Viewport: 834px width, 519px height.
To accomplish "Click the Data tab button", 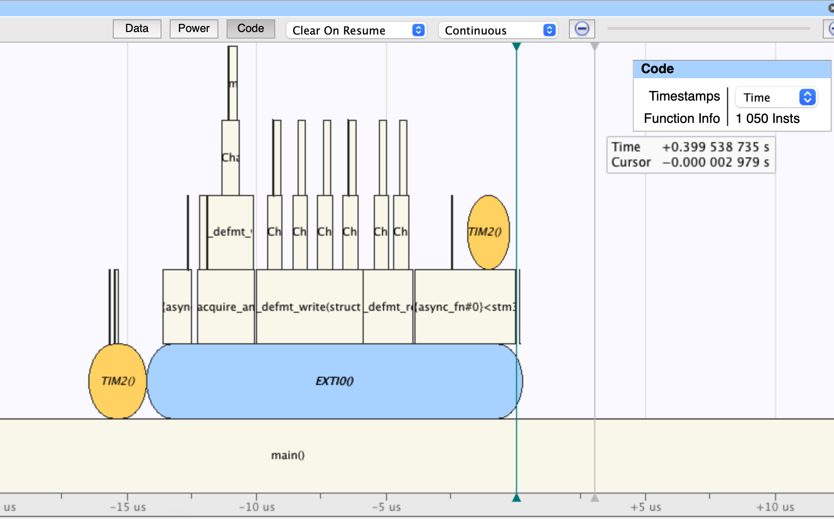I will [137, 29].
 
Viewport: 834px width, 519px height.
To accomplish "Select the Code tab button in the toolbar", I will [250, 29].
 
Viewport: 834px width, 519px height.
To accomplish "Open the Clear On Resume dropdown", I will [356, 30].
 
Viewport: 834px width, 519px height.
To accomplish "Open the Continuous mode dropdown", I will [498, 30].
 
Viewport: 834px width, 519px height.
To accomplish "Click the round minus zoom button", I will [582, 29].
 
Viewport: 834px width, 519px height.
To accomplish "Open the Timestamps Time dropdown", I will [776, 98].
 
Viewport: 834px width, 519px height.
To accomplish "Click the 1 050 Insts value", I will [767, 119].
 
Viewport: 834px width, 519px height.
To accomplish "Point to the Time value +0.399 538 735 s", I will [715, 147].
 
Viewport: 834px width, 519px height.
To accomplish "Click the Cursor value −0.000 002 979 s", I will [715, 163].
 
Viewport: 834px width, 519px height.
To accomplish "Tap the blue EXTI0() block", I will [334, 381].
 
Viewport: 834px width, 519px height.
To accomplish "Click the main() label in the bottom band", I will [287, 456].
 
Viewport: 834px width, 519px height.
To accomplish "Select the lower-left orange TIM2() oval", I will [117, 381].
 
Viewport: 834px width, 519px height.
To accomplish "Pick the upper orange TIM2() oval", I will [488, 232].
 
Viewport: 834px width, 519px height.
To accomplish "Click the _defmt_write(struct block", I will [309, 307].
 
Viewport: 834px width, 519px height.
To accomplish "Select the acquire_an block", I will [226, 307].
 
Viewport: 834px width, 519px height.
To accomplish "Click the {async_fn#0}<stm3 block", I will [465, 307].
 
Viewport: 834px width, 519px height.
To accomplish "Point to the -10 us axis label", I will [256, 507].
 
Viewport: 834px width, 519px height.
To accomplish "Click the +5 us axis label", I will [646, 507].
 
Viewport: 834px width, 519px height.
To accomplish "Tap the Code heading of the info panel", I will [657, 69].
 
